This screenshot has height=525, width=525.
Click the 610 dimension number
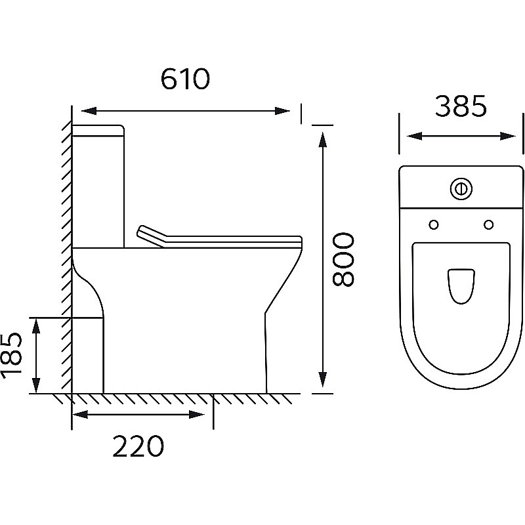coord(185,79)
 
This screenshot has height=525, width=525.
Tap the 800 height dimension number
coord(343,259)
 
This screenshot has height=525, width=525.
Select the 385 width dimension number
coord(461,106)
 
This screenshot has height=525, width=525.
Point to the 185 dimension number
coord(11,356)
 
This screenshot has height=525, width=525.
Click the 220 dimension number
coord(138,446)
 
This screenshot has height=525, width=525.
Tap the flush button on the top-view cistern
coord(461,188)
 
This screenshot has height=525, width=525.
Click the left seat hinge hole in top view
coord(434,224)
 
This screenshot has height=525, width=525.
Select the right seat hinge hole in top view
coord(488,224)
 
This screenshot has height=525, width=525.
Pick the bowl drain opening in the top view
coord(461,286)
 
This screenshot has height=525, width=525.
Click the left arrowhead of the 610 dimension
coord(89,111)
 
